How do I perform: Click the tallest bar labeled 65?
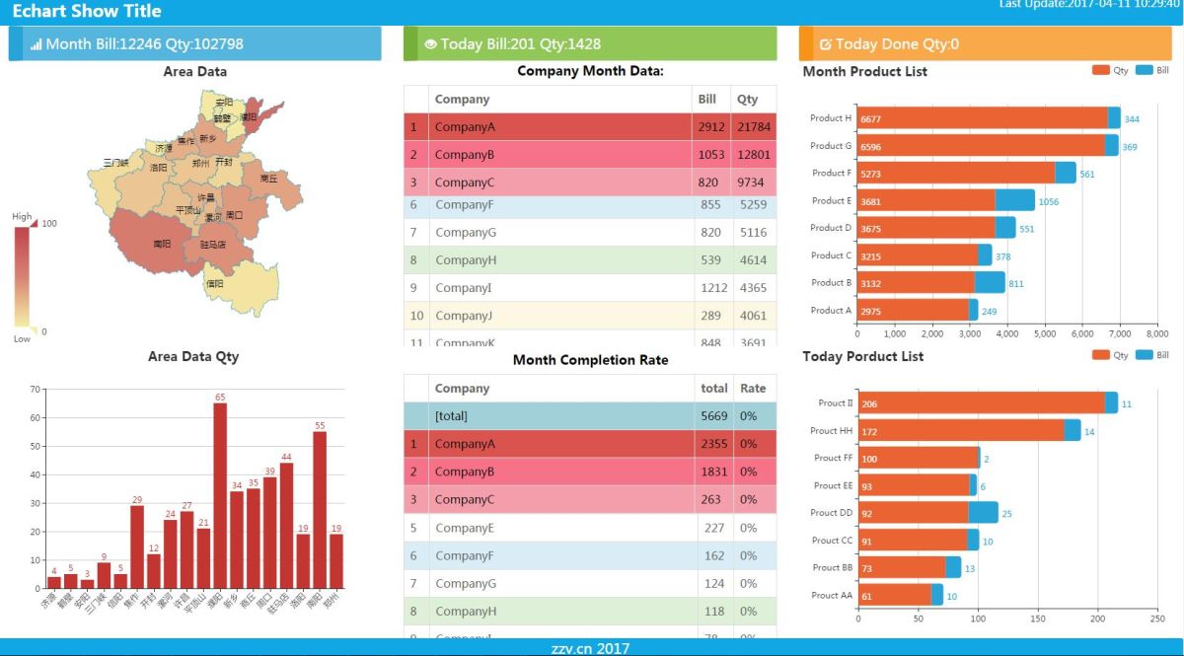pyautogui.click(x=220, y=493)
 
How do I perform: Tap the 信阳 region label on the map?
pyautogui.click(x=214, y=283)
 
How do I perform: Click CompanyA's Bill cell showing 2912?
pyautogui.click(x=710, y=127)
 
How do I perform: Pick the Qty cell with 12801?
pyautogui.click(x=753, y=155)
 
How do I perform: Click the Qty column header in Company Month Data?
pyautogui.click(x=747, y=100)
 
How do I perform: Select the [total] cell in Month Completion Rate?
pyautogui.click(x=451, y=416)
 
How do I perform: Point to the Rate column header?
pyautogui.click(x=753, y=389)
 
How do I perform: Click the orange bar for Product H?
pyautogui.click(x=982, y=118)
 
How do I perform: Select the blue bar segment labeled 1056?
pyautogui.click(x=1014, y=200)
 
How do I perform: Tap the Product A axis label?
pyautogui.click(x=830, y=311)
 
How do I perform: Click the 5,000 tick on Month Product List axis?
pyautogui.click(x=1045, y=334)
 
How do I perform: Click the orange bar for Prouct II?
pyautogui.click(x=981, y=403)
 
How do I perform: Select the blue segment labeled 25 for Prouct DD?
pyautogui.click(x=983, y=513)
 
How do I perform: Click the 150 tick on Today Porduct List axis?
pyautogui.click(x=1037, y=620)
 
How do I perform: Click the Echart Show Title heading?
pyautogui.click(x=87, y=12)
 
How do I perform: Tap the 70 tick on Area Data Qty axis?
pyautogui.click(x=36, y=390)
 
